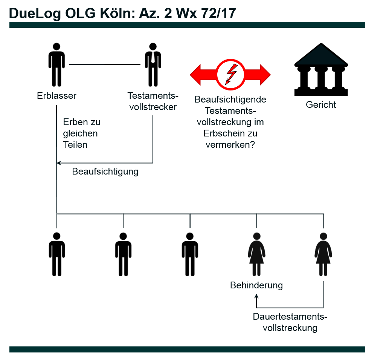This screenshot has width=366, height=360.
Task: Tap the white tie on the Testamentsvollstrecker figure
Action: point(153,57)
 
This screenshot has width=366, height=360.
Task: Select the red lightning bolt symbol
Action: point(230,74)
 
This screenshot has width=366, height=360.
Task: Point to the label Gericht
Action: point(321,104)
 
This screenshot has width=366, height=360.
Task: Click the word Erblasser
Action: point(56,95)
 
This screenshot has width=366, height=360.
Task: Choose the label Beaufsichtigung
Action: point(105,172)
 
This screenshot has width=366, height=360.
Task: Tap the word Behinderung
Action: point(256,285)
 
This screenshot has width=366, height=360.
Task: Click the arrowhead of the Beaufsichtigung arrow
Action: point(58,163)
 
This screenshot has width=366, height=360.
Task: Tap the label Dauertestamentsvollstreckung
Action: point(290,322)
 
